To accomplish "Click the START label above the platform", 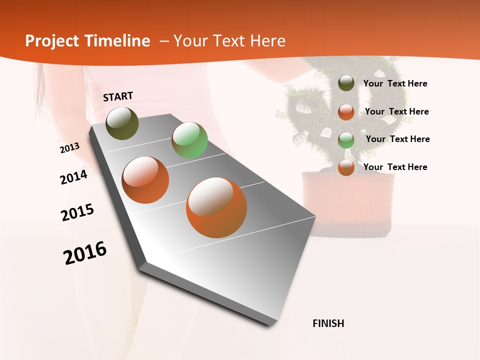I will [118, 96].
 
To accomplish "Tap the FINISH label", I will [328, 323].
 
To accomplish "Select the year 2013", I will [69, 147].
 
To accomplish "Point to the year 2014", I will [73, 177].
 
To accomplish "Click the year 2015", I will [77, 212].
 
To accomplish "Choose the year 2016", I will [85, 253].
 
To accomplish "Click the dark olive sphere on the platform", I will [122, 123].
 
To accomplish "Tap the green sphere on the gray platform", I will [189, 140].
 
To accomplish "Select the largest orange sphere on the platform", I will [216, 207].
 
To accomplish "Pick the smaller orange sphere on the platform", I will [145, 180].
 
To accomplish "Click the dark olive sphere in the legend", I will [346, 83].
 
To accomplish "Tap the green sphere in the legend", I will [346, 140].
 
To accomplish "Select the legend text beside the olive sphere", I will [395, 84].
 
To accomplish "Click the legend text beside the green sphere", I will [397, 139].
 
